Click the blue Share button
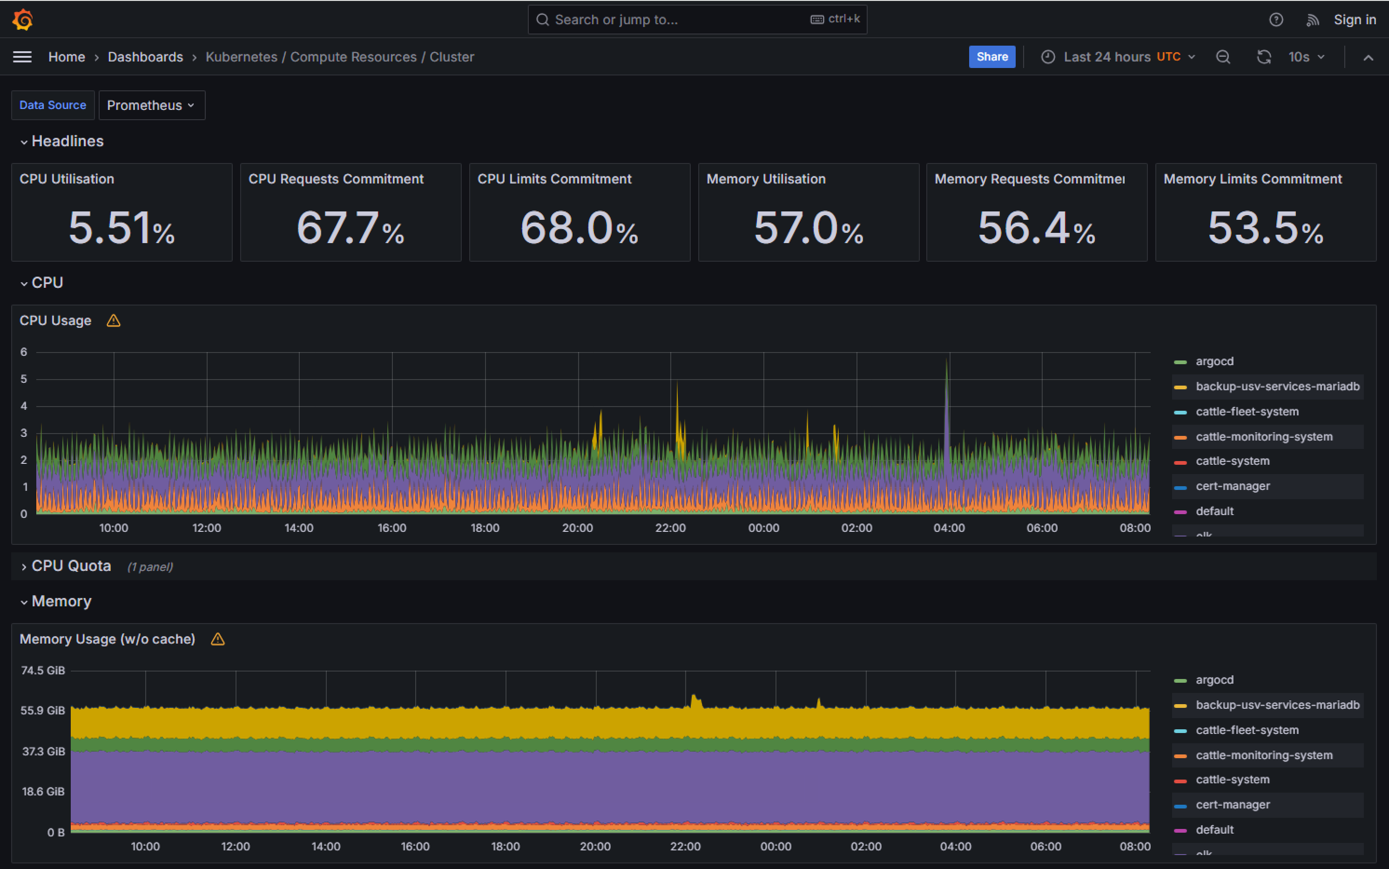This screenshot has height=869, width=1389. (991, 57)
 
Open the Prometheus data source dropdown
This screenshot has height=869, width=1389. (151, 105)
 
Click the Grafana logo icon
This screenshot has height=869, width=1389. (22, 20)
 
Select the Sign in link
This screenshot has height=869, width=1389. (1354, 20)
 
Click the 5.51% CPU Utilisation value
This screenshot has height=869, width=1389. (121, 228)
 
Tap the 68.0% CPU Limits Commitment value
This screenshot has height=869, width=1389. (579, 228)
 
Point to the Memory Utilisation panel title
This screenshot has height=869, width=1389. (766, 179)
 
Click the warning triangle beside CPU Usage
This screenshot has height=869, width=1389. (113, 321)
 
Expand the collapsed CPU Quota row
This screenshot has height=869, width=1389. (71, 566)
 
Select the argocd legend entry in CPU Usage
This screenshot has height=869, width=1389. (1214, 361)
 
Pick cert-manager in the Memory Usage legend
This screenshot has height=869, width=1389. (1232, 805)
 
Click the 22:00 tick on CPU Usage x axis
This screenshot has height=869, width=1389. (670, 528)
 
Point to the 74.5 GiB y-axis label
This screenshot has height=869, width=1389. (43, 670)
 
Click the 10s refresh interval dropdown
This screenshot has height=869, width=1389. (1306, 57)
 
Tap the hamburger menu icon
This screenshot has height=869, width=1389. (22, 57)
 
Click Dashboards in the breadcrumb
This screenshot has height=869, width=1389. (145, 57)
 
